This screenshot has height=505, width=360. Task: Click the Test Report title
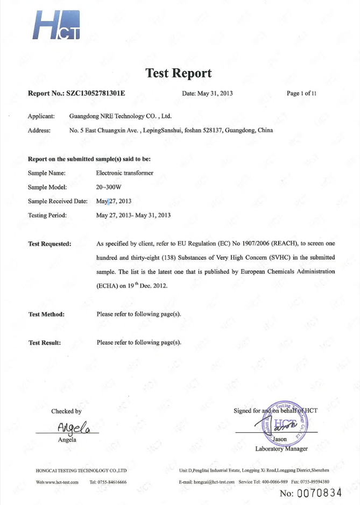pos(179,73)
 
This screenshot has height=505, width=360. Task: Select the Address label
pos(39,130)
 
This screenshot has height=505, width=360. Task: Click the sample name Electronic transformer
pos(124,173)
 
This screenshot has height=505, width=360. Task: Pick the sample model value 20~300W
pos(109,187)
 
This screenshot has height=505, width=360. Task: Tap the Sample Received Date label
pos(57,201)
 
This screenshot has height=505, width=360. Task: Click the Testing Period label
pos(47,215)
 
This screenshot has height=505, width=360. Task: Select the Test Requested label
pos(50,244)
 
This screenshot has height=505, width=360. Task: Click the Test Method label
pos(46,314)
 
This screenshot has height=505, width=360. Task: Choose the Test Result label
pos(45,343)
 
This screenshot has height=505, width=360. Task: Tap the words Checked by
pos(66,411)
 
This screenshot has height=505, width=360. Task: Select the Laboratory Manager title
pos(281,449)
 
